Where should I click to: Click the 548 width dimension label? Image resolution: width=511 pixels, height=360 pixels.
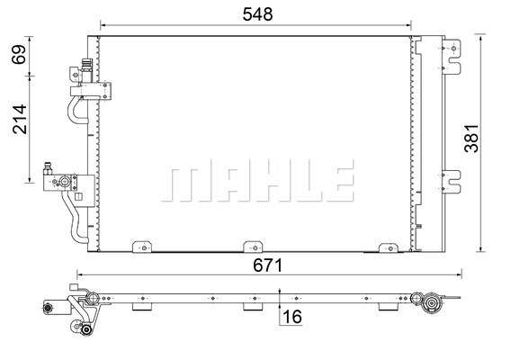pyautogui.click(x=255, y=14)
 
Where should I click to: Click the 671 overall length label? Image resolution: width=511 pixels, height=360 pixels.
pyautogui.click(x=267, y=265)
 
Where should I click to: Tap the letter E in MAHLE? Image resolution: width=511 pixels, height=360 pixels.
pyautogui.click(x=336, y=182)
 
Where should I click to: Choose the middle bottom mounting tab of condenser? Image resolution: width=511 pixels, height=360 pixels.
pyautogui.click(x=252, y=246)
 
